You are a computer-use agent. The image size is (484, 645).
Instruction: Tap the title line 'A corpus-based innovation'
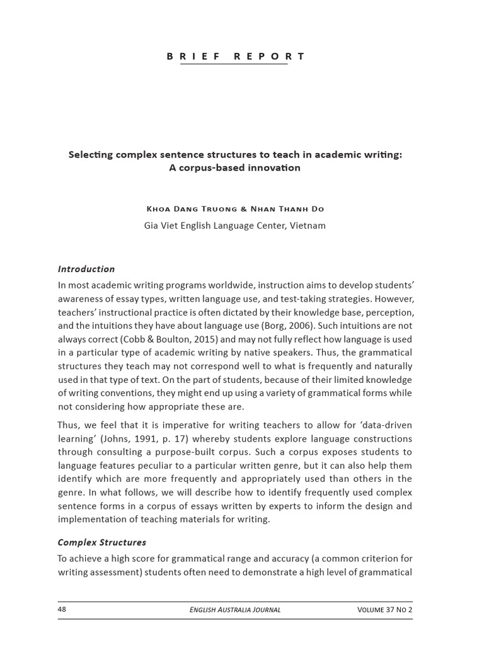(235, 168)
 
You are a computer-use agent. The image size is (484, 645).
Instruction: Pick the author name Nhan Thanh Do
(292, 209)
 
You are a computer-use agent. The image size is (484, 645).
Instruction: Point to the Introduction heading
(86, 269)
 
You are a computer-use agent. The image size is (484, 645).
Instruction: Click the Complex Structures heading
(101, 542)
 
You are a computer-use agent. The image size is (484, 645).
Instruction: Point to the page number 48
(62, 610)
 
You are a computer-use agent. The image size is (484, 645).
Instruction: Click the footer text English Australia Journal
(235, 610)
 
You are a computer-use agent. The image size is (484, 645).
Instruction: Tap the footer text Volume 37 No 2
(384, 610)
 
